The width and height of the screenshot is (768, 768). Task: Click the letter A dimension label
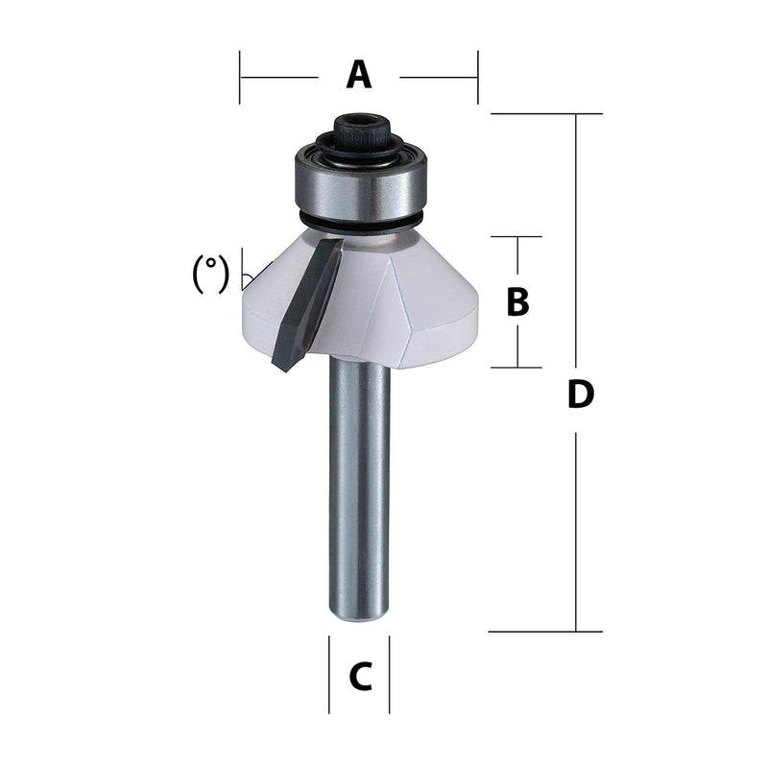358,75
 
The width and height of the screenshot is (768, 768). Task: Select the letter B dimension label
517,302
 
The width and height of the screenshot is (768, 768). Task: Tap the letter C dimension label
360,678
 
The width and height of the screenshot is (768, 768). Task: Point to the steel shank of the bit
360,490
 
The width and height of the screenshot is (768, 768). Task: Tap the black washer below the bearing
360,223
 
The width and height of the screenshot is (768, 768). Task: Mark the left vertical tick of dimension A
240,76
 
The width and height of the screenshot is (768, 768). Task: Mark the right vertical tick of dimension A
477,76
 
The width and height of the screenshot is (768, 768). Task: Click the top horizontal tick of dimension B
517,236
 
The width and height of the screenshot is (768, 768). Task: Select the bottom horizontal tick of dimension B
517,368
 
